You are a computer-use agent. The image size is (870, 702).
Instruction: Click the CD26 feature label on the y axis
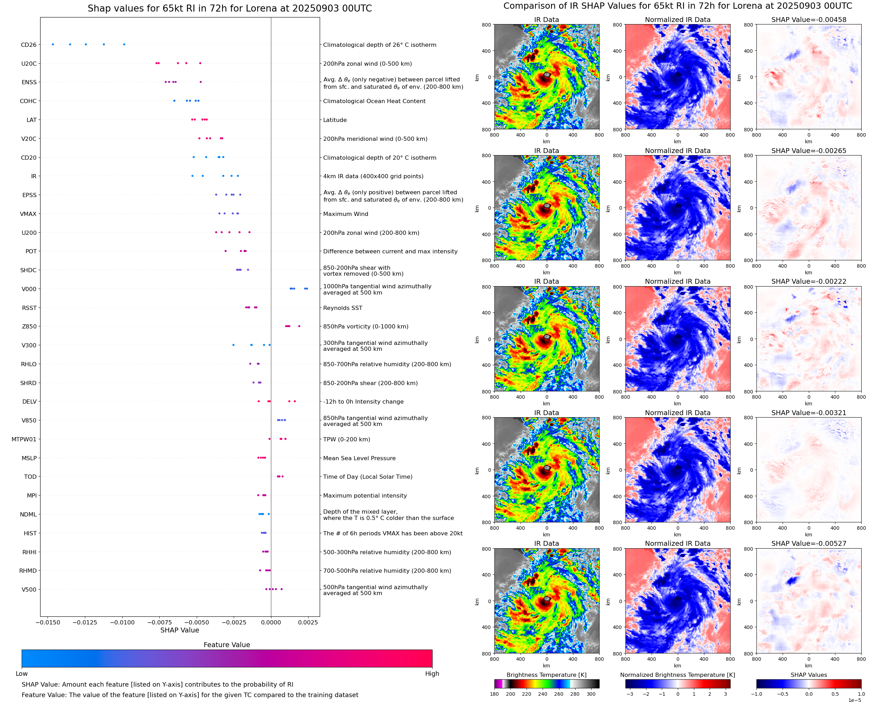[x=28, y=45]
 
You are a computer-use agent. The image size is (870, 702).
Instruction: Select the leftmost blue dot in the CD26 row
[x=53, y=44]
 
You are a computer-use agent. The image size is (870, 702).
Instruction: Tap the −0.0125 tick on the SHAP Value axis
[x=85, y=622]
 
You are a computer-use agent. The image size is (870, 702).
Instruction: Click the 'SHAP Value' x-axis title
[x=180, y=630]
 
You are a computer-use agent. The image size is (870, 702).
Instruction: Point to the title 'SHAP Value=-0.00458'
[x=809, y=20]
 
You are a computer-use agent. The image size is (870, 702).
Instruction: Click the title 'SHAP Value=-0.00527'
[x=809, y=543]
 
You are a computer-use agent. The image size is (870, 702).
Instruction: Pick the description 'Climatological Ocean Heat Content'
[x=374, y=101]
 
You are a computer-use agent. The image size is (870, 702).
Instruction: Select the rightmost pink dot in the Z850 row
[x=299, y=326]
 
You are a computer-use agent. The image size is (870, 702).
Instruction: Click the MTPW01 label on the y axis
[x=24, y=439]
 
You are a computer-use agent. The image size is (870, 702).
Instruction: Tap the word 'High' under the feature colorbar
[x=432, y=674]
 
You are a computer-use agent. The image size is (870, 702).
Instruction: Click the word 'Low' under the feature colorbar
[x=21, y=674]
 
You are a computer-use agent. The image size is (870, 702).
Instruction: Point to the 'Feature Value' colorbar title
[x=227, y=645]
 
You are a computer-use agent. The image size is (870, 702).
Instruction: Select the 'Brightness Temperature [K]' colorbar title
[x=546, y=675]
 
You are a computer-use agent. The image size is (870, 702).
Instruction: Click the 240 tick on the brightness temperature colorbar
[x=543, y=694]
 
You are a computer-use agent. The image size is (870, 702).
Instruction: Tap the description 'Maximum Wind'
[x=346, y=214]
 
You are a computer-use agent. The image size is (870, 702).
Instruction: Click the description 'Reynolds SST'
[x=342, y=308]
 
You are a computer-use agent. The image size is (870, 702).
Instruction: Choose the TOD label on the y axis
[x=30, y=477]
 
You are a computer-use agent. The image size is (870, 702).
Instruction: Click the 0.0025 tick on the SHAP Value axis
[x=308, y=622]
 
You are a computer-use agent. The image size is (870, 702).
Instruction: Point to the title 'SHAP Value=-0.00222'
[x=809, y=281]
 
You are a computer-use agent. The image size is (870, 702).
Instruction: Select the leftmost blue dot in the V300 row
[x=233, y=345]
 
